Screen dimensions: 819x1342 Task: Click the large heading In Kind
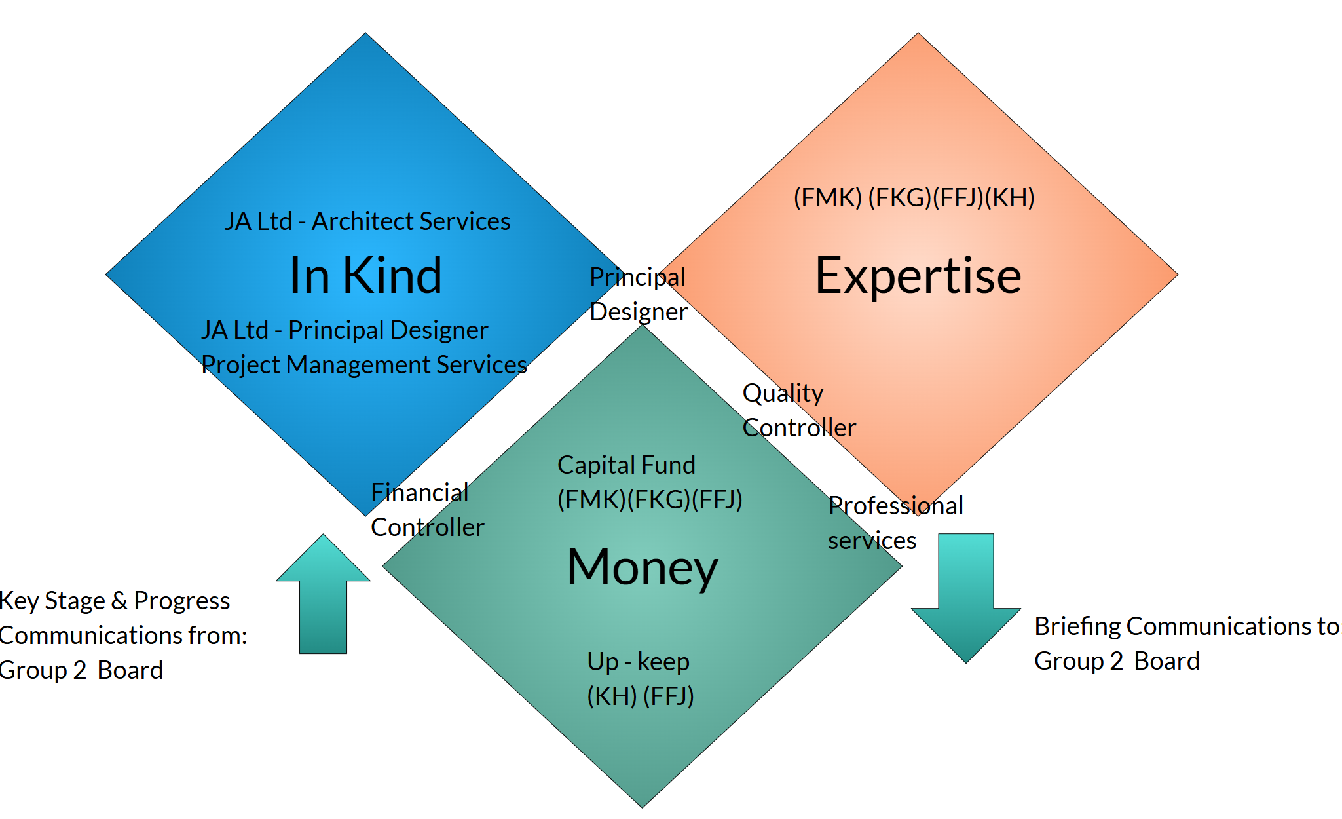[365, 275]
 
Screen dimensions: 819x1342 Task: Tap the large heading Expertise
[918, 275]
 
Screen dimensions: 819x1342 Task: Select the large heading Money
[642, 566]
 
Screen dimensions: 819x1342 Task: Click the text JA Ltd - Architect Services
[367, 221]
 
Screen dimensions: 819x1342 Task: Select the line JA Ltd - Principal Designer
[345, 330]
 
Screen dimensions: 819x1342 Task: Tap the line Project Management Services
[364, 365]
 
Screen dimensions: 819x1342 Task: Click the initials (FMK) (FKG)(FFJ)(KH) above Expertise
[914, 197]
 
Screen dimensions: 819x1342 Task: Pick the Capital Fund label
[626, 465]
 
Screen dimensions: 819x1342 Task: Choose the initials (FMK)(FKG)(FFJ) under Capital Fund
[650, 500]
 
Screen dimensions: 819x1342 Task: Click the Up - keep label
[638, 662]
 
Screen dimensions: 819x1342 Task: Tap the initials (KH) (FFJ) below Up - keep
[640, 696]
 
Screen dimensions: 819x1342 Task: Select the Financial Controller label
[427, 510]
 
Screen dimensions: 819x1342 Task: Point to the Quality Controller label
[798, 410]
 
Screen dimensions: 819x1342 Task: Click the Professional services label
[895, 523]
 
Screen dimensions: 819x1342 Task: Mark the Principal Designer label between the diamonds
[638, 294]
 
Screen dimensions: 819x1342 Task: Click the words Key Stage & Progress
[115, 601]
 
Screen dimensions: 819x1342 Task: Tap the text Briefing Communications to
[1186, 626]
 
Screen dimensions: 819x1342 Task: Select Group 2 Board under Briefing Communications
[1117, 661]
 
